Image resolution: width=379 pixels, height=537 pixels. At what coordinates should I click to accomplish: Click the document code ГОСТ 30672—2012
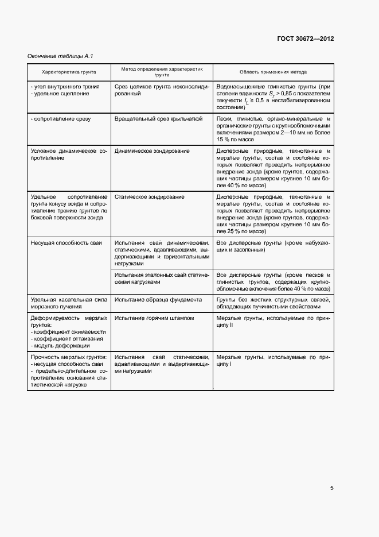(x=305, y=39)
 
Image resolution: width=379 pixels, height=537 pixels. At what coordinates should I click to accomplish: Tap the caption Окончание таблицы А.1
(x=60, y=56)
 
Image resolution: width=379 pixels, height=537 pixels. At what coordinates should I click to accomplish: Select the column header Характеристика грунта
(x=69, y=72)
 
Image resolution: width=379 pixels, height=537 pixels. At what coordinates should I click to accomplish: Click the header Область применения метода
(x=273, y=72)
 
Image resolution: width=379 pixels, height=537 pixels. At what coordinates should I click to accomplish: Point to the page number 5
(x=332, y=488)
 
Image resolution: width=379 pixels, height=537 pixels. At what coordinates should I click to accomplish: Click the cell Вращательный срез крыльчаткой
(x=159, y=119)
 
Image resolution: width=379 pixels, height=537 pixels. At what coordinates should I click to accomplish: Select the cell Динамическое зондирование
(x=152, y=151)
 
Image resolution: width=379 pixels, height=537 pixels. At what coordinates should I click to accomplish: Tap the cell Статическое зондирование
(x=149, y=197)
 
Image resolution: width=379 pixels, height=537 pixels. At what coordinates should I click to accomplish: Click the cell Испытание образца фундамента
(x=158, y=299)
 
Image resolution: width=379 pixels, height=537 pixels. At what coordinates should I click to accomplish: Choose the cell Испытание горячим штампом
(x=154, y=318)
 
